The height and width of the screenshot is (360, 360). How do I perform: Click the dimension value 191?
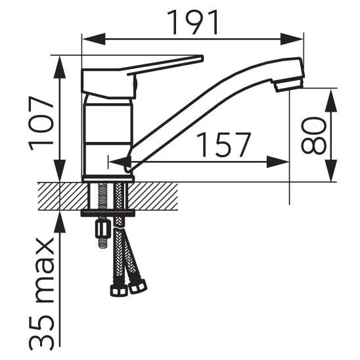192,23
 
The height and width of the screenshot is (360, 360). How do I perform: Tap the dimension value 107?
41,124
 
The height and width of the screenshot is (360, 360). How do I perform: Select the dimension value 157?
223,145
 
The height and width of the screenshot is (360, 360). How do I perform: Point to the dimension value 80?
313,135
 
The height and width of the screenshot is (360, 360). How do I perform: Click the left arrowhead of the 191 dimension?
94,39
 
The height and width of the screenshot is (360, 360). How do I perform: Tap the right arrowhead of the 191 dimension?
292,39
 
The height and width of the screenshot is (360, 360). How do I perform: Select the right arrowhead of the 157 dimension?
278,162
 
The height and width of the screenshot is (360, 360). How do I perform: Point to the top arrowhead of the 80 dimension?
331,101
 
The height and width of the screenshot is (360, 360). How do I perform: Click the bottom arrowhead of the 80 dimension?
331,170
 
